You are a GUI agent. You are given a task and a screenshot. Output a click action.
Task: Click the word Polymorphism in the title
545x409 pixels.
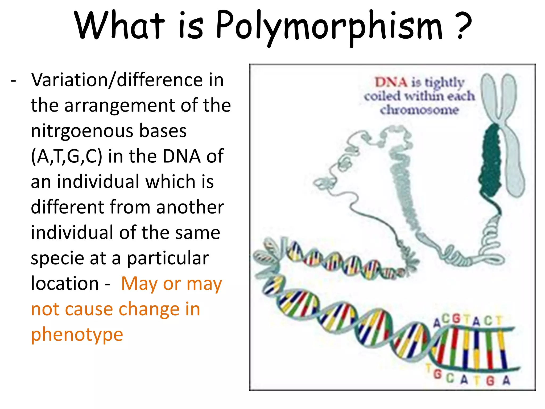pyautogui.click(x=329, y=27)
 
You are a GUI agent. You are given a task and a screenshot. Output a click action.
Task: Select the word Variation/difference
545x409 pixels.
pyautogui.click(x=127, y=80)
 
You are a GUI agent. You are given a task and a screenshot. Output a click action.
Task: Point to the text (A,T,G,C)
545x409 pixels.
pyautogui.click(x=67, y=157)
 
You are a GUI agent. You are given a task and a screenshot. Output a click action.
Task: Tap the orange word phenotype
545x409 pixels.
pyautogui.click(x=77, y=335)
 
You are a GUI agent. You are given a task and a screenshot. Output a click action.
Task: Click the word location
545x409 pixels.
pyautogui.click(x=65, y=283)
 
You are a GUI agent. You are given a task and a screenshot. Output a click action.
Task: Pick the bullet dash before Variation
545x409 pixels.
pyautogui.click(x=13, y=80)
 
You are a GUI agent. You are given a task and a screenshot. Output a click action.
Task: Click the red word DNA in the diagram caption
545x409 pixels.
pyautogui.click(x=391, y=82)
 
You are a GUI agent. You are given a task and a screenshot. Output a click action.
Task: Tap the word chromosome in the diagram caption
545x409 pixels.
pyautogui.click(x=419, y=110)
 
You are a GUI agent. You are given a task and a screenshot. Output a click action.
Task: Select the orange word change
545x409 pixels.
pyautogui.click(x=149, y=309)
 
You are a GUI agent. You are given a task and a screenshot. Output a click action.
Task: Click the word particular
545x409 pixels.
pyautogui.click(x=168, y=258)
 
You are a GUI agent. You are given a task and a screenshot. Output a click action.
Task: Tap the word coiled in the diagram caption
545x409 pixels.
pyautogui.click(x=382, y=96)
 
